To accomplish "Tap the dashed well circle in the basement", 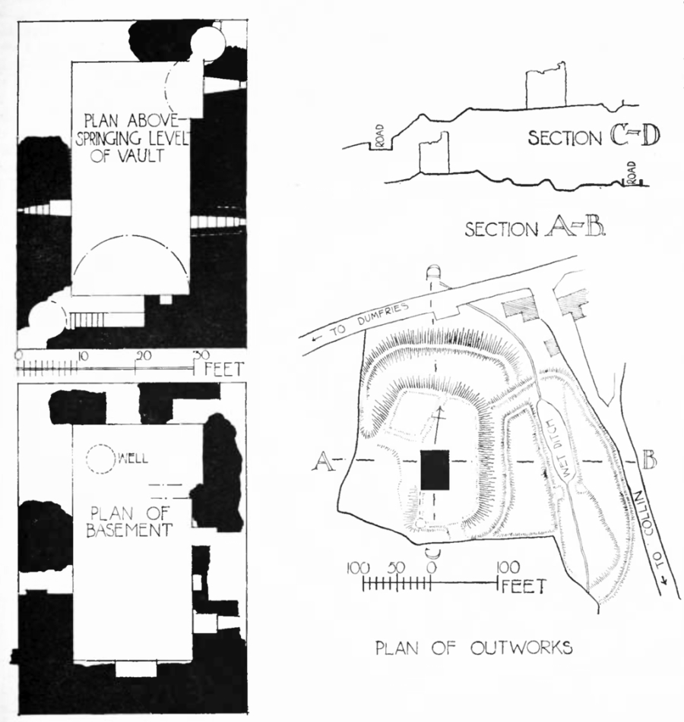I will (99, 459).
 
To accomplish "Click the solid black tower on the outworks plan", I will (435, 470).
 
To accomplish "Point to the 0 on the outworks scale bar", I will (432, 567).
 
